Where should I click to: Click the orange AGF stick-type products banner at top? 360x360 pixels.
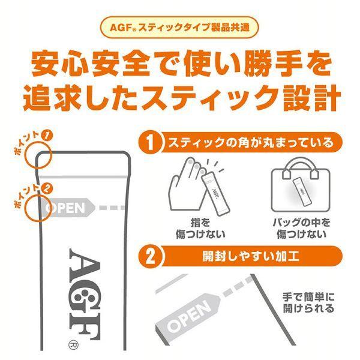coord(180,29)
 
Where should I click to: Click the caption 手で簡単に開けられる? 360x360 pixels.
coord(308,303)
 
